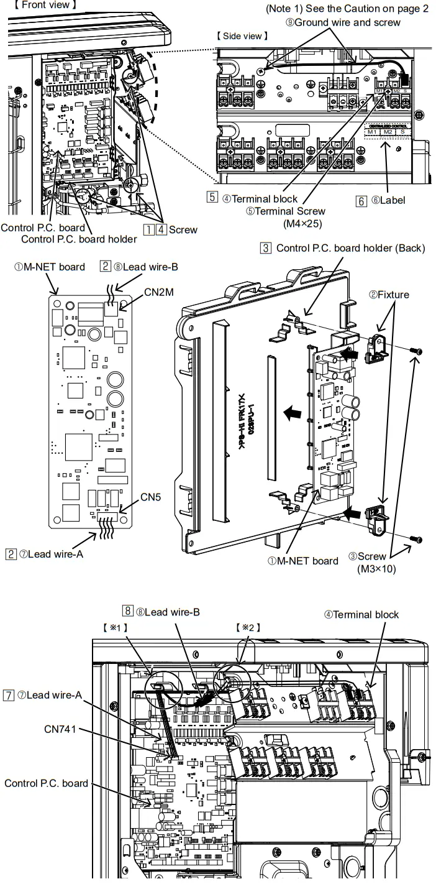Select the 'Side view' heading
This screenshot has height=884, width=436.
pyautogui.click(x=242, y=36)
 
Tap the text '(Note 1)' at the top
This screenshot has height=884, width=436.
pyautogui.click(x=285, y=9)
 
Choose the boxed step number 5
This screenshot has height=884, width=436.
pyautogui.click(x=212, y=199)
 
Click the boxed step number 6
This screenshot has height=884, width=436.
pyautogui.click(x=361, y=201)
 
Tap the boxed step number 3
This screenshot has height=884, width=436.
pyautogui.click(x=266, y=248)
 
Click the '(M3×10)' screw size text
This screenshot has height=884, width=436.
pyautogui.click(x=376, y=568)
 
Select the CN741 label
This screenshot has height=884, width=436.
pyautogui.click(x=60, y=729)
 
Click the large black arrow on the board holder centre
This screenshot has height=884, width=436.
pyautogui.click(x=287, y=412)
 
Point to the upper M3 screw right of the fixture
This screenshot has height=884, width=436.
pyautogui.click(x=417, y=352)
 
